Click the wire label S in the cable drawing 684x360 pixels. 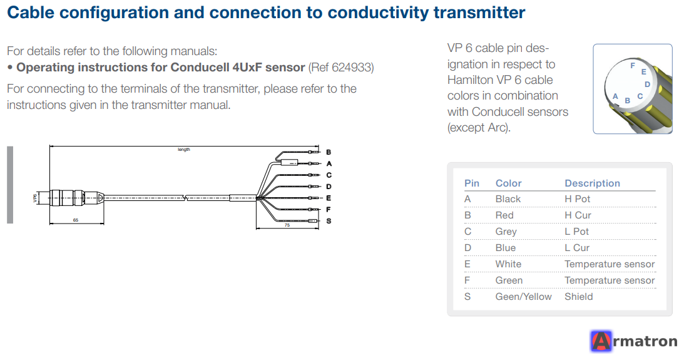(329, 221)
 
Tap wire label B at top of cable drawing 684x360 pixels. (329, 152)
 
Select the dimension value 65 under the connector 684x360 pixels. (76, 220)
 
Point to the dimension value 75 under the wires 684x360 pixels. (287, 225)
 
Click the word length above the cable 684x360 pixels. (183, 150)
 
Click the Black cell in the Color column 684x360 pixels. (508, 199)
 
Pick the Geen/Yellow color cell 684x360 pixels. (523, 297)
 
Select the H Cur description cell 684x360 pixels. (578, 215)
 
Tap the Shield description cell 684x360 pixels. (578, 297)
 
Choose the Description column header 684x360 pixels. (592, 183)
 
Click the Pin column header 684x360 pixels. (472, 183)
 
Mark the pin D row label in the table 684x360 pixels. (467, 248)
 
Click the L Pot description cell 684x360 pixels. (576, 232)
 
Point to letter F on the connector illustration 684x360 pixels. (633, 66)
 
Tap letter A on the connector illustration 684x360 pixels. (615, 96)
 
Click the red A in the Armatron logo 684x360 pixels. (601, 341)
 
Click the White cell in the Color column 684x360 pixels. (508, 264)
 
